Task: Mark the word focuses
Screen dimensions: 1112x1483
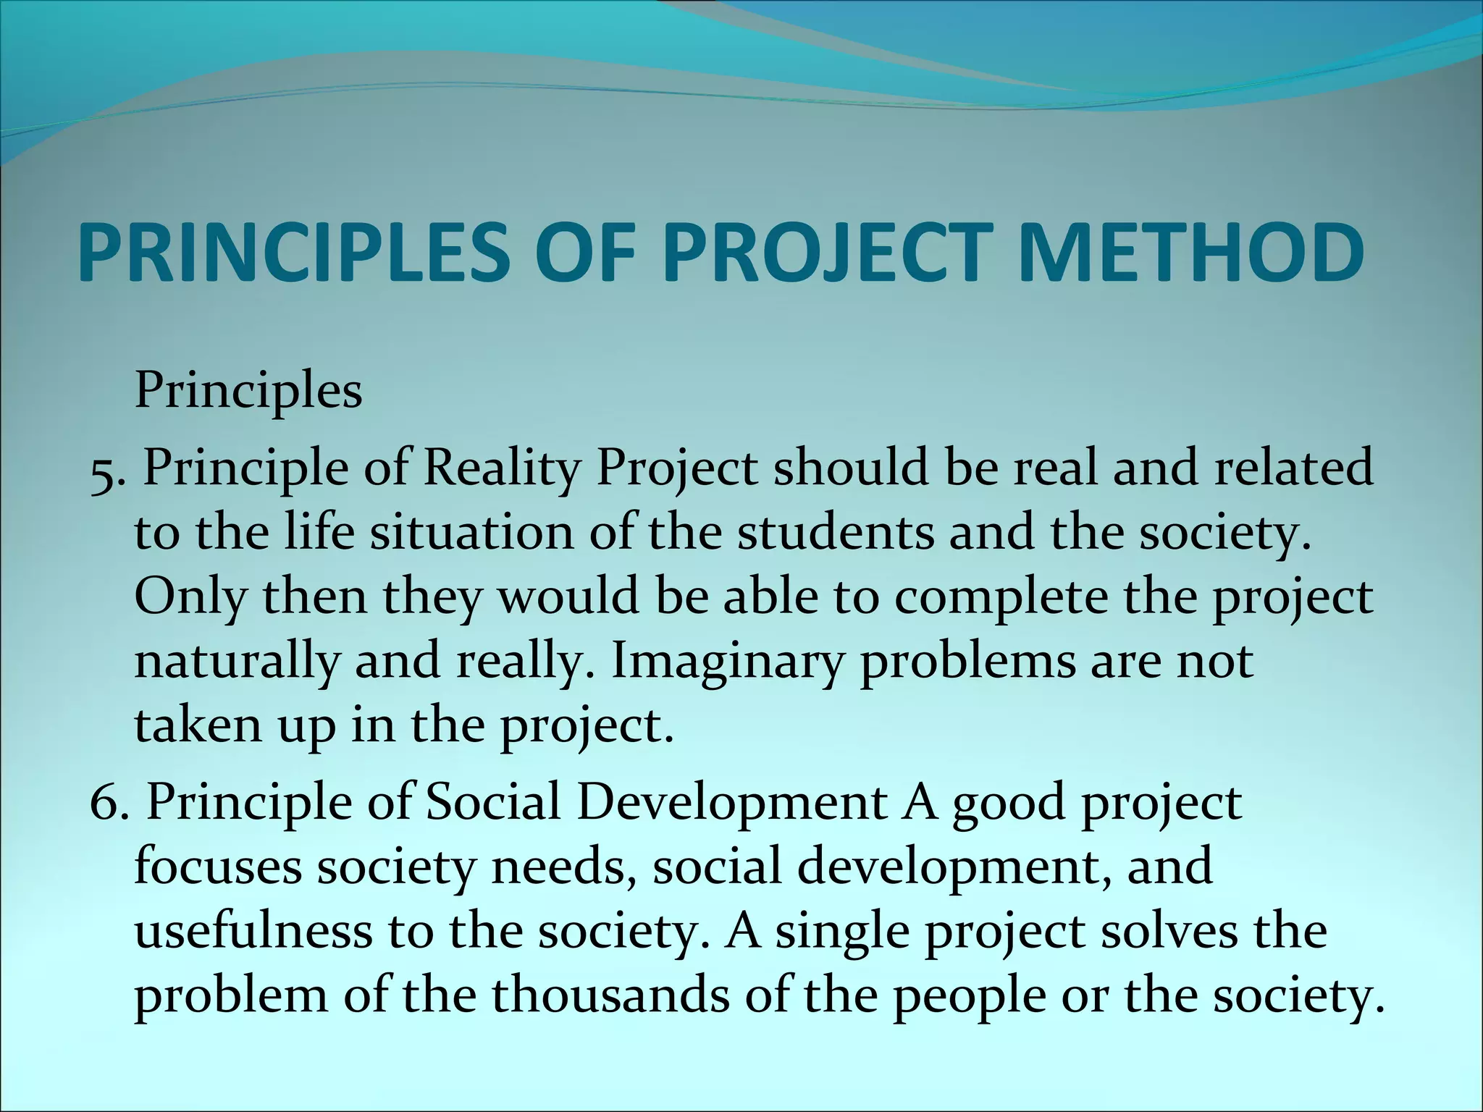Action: pyautogui.click(x=217, y=867)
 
